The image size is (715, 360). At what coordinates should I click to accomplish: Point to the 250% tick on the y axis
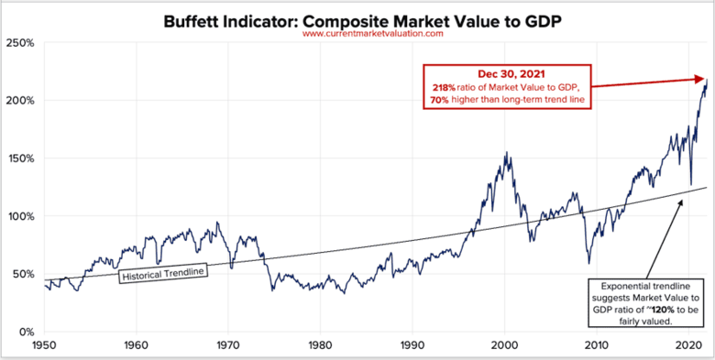tap(21, 42)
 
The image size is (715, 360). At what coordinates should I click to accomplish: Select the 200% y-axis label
tap(21, 100)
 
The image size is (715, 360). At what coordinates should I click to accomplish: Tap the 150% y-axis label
tap(21, 158)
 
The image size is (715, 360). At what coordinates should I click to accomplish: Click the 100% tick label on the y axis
tap(21, 216)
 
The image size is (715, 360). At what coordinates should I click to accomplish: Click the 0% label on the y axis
tap(27, 332)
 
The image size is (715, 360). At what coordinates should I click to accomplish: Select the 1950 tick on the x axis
tap(44, 345)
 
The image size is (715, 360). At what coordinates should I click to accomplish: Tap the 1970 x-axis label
tap(228, 345)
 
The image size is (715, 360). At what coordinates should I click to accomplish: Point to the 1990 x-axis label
tap(412, 345)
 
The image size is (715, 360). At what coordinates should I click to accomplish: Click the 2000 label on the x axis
tap(504, 345)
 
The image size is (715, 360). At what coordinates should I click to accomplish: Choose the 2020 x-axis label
tap(688, 345)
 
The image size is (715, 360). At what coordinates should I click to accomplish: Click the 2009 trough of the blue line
tap(588, 263)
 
